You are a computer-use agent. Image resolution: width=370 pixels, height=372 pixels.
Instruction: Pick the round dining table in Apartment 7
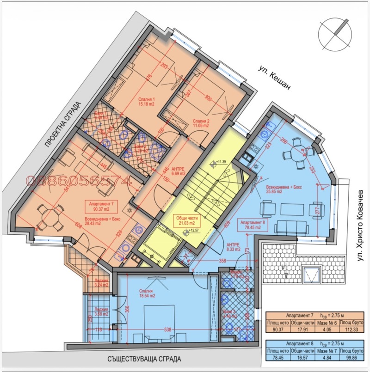tap(49, 217)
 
